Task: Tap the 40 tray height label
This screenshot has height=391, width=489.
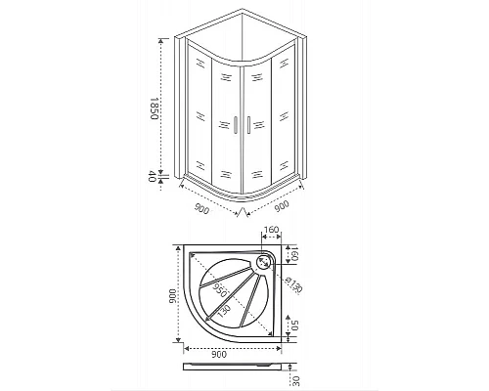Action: pos(154,177)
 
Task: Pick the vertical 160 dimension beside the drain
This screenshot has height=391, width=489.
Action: pos(297,256)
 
